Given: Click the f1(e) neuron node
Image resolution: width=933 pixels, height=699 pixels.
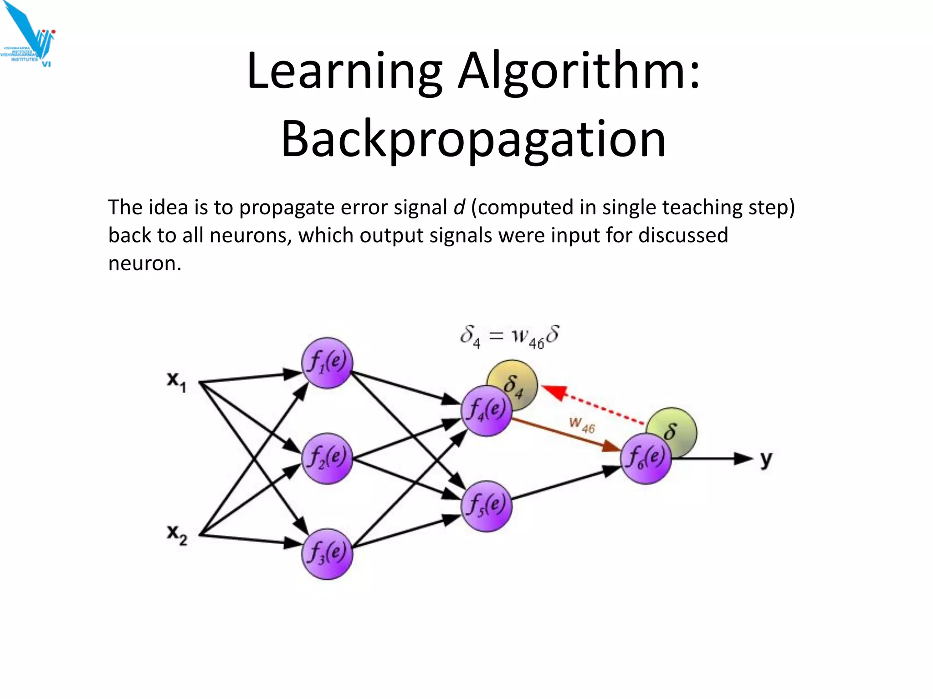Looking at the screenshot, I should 327,363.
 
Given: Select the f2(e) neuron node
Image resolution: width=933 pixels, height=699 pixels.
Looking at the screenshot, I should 327,458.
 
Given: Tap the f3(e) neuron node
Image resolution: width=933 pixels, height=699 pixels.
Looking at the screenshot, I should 327,554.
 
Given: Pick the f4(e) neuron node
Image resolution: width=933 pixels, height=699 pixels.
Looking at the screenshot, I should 486,411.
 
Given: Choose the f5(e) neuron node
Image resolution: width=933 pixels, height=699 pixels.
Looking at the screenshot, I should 487,506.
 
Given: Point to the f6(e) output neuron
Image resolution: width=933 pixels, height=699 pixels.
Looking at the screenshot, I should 646,458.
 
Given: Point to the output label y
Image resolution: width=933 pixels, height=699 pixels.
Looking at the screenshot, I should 766,459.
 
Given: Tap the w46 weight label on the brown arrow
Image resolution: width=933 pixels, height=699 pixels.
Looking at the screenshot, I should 582,425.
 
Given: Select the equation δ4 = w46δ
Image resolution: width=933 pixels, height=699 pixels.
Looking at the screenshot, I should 509,337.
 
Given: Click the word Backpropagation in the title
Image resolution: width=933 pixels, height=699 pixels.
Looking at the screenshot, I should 473,139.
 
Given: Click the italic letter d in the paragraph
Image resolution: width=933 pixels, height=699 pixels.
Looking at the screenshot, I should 459,208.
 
